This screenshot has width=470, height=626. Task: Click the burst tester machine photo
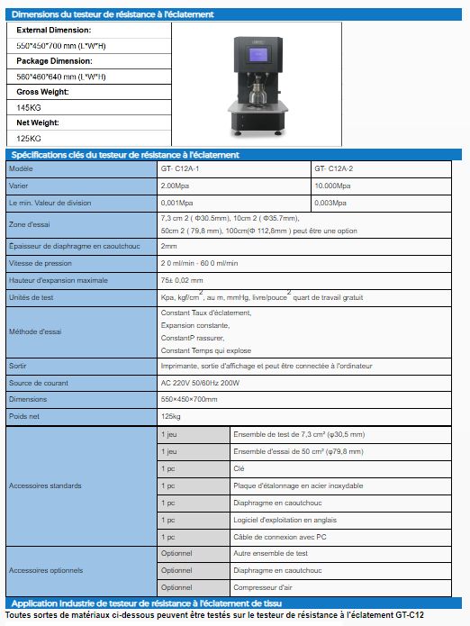click(x=258, y=81)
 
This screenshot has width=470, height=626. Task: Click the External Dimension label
click(x=54, y=30)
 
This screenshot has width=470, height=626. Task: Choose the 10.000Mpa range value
click(x=334, y=186)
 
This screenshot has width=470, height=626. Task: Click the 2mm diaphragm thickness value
click(x=168, y=246)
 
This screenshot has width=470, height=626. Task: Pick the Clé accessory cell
click(x=240, y=468)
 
